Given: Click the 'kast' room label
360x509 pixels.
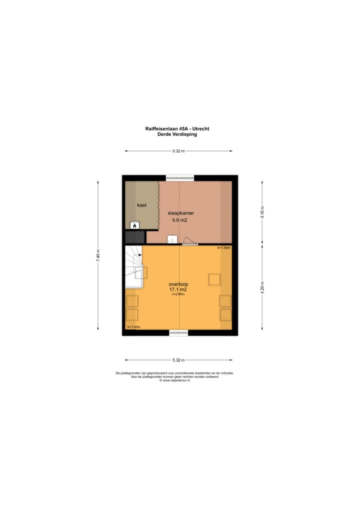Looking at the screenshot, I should click(x=141, y=205).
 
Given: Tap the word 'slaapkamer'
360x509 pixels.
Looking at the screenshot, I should click(x=180, y=213).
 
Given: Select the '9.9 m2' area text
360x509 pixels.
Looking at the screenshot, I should click(x=180, y=219).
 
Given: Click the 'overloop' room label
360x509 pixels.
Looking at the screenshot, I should click(x=178, y=284).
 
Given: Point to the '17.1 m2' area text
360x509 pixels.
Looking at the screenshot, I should click(x=178, y=289).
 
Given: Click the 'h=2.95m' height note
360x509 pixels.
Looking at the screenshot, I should click(x=178, y=294).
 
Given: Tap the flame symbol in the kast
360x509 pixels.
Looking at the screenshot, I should click(x=134, y=225).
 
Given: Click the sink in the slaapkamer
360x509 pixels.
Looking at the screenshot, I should click(x=173, y=239).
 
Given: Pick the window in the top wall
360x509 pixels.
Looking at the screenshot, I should click(x=180, y=177).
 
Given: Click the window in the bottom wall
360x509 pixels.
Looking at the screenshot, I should click(x=178, y=332).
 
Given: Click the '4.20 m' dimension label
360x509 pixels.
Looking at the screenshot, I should click(x=262, y=288).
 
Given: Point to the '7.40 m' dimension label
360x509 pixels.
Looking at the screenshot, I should click(x=98, y=255).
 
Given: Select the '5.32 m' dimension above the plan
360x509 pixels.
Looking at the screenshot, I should click(x=178, y=151).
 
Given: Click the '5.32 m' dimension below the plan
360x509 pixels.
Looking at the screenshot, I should click(x=178, y=360).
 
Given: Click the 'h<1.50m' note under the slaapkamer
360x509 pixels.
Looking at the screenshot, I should click(x=223, y=248).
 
